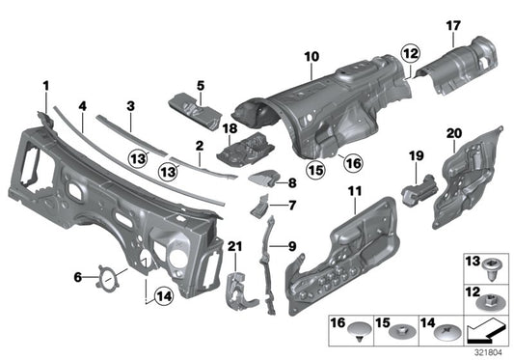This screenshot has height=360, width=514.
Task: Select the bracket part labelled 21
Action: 235,286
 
